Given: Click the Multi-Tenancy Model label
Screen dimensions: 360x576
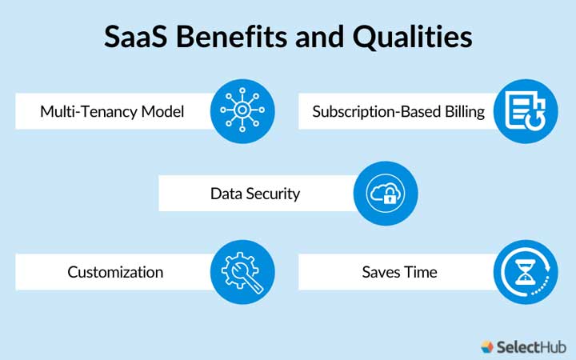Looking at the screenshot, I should (112, 111).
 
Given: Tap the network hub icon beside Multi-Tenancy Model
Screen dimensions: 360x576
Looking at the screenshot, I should (242, 110).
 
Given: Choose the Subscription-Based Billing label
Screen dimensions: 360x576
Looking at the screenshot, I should (398, 111).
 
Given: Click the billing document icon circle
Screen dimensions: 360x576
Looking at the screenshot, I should (525, 110).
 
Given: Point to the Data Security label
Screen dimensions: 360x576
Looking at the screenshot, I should (255, 194).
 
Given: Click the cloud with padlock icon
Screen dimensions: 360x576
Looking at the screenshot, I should (386, 193).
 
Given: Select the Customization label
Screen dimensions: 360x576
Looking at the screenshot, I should (115, 272).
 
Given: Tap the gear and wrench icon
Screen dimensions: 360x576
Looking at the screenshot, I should (242, 272).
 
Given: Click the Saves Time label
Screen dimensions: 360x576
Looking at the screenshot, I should (399, 272).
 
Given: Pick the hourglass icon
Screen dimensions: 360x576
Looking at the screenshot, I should (525, 272).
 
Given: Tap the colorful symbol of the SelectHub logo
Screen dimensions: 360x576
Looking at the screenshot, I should (488, 346).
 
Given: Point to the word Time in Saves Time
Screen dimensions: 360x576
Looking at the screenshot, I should (422, 272).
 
